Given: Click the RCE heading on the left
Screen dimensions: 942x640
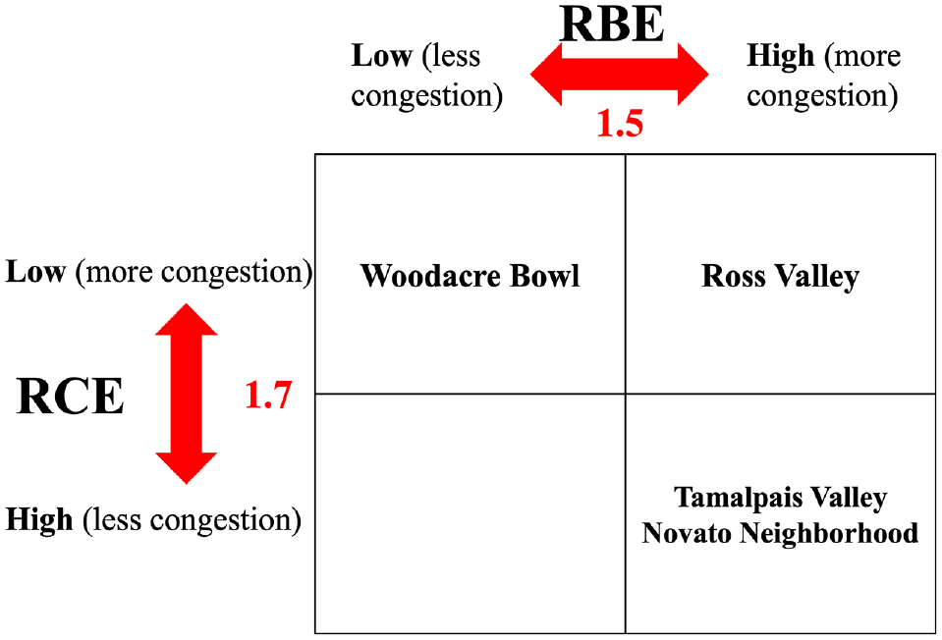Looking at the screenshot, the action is pyautogui.click(x=71, y=397).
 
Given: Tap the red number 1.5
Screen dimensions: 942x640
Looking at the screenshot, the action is pyautogui.click(x=620, y=124).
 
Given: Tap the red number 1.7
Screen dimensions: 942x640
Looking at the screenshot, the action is pyautogui.click(x=268, y=395).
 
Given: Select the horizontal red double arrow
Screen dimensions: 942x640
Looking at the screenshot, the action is pyautogui.click(x=620, y=75).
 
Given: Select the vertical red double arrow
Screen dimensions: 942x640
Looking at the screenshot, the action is pyautogui.click(x=187, y=394).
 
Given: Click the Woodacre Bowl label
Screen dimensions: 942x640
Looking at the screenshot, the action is pyautogui.click(x=471, y=276).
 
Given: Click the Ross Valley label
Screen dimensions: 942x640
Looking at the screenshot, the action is pyautogui.click(x=780, y=276).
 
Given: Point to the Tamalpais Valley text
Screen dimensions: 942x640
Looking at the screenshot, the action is pyautogui.click(x=780, y=498).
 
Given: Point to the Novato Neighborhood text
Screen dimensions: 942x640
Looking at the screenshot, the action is pyautogui.click(x=780, y=533).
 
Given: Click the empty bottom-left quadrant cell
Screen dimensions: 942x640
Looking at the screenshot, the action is pyautogui.click(x=471, y=514).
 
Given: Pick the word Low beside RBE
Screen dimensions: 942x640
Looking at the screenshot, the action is pyautogui.click(x=381, y=56).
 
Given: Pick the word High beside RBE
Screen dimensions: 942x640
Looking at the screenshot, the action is pyautogui.click(x=780, y=56).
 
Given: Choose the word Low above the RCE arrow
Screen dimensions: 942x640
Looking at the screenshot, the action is pyautogui.click(x=35, y=272).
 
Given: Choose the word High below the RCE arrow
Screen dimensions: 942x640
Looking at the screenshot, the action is pyautogui.click(x=39, y=520).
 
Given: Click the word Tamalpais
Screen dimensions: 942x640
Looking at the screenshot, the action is pyautogui.click(x=739, y=498).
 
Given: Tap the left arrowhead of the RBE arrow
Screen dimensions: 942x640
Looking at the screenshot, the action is pyautogui.click(x=545, y=75).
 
